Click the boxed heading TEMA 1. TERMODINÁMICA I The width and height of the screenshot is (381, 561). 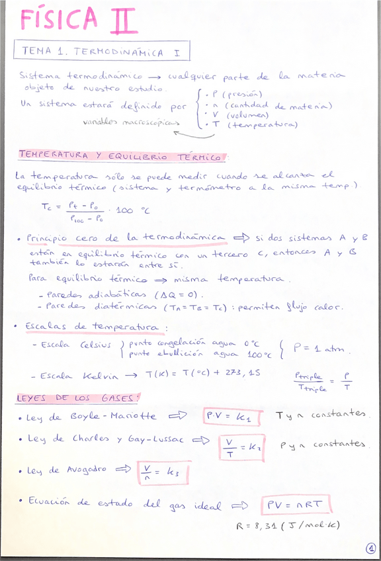102,51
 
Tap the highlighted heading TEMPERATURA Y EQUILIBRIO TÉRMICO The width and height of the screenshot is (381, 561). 122,156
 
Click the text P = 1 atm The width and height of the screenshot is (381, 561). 322,348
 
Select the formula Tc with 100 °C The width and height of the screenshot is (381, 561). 94,211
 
